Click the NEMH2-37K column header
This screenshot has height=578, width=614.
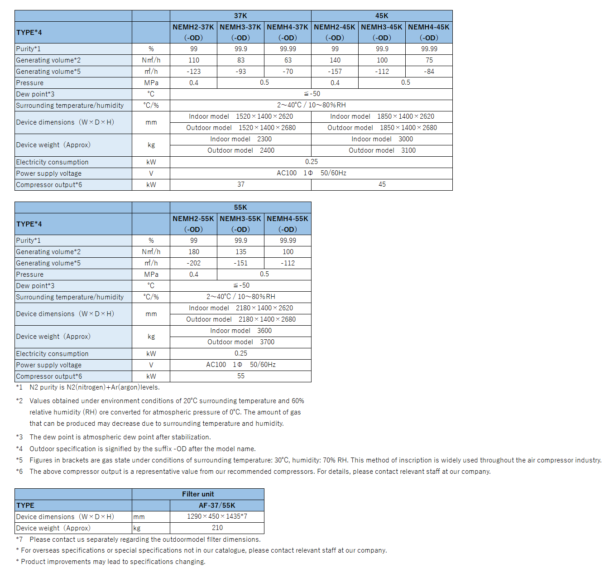pos(193,32)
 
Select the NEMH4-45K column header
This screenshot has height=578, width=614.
pos(429,32)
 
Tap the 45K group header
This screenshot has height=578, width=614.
pos(382,16)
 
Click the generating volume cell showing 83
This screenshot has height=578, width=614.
pos(240,60)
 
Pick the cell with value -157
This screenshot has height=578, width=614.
pos(335,72)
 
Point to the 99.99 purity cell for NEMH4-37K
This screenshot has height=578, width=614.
pos(288,49)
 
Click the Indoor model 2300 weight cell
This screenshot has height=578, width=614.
pos(240,139)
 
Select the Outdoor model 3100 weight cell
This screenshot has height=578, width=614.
pos(382,150)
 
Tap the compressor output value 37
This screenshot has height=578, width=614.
pos(240,184)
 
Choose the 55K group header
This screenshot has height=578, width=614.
pos(240,207)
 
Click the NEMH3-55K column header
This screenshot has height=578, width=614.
pos(240,224)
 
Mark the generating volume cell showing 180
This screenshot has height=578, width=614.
pos(193,252)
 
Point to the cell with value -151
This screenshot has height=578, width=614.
pos(240,263)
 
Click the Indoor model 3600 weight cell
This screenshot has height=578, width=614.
pos(240,331)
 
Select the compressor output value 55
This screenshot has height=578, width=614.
pos(240,376)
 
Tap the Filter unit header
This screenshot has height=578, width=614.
pos(198,494)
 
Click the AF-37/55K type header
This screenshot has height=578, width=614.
pos(217,506)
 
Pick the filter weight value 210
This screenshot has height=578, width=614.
pos(217,528)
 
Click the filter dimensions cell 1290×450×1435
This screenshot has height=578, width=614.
pos(217,516)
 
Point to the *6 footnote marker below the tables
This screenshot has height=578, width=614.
pos(19,472)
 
